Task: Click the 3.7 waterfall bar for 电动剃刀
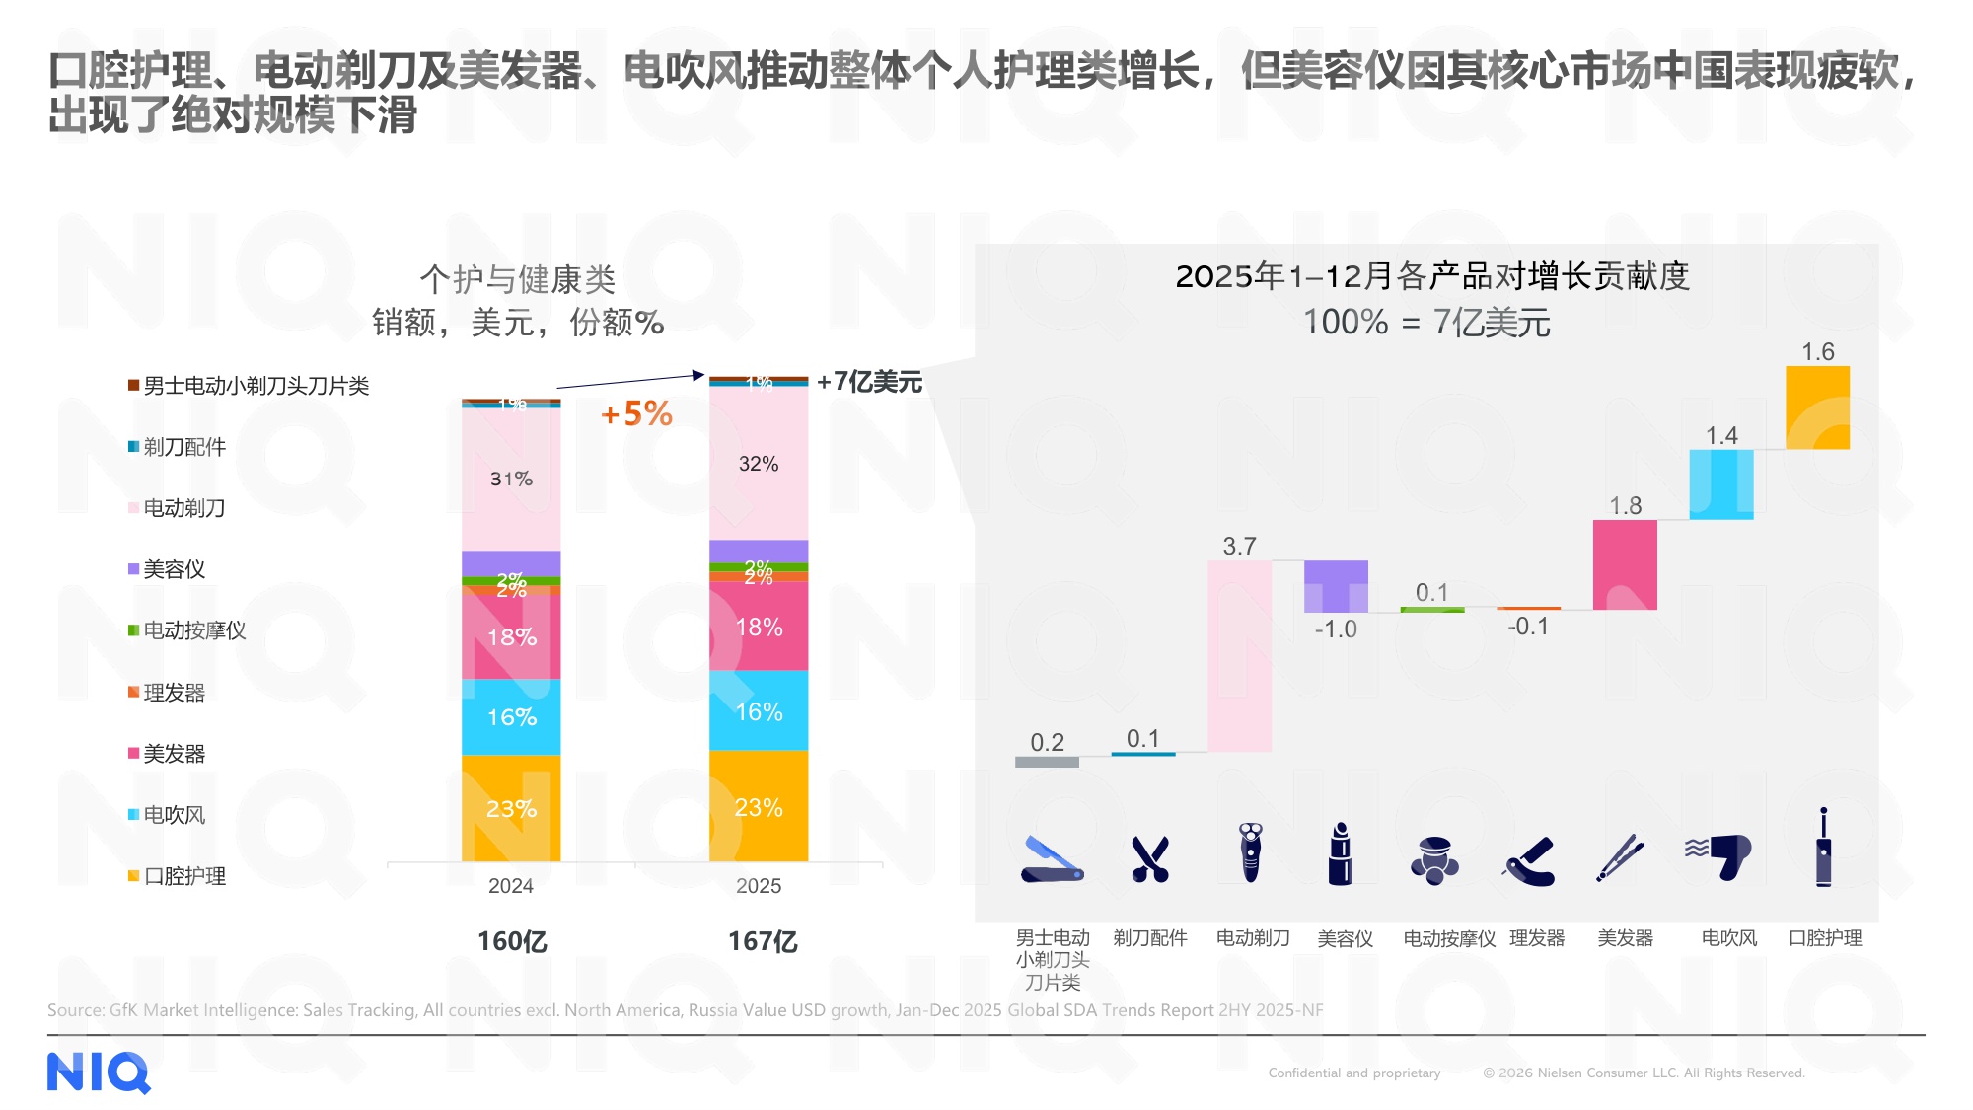coord(1239,656)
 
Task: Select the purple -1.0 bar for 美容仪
coord(1336,587)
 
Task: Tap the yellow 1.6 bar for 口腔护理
coord(1817,407)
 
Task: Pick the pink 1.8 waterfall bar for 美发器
coord(1625,564)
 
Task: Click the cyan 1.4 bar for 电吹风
coord(1721,484)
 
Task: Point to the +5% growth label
coord(637,413)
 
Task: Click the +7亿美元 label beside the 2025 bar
coord(869,382)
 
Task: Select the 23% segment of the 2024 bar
coord(511,808)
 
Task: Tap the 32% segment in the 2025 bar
coord(758,464)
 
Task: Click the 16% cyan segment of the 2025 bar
coord(758,711)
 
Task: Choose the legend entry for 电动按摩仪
coord(186,630)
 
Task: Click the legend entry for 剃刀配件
coord(177,447)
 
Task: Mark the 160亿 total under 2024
coord(512,941)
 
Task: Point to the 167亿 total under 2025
coord(763,941)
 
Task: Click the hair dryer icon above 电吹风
coord(1718,856)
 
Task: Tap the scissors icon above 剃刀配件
coord(1149,858)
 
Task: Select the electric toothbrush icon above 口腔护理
coord(1823,849)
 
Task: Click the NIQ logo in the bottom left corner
coord(99,1073)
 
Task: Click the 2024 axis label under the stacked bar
coord(511,886)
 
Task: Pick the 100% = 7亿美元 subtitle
coord(1426,323)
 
